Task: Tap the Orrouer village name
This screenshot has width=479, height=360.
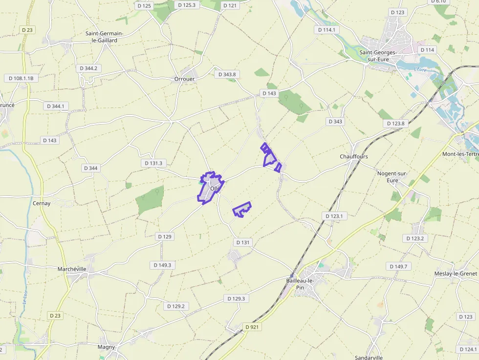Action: point(185,79)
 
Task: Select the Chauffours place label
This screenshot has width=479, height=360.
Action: point(354,157)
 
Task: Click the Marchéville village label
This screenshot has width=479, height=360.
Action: point(72,269)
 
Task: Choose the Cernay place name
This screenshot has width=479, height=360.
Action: point(42,203)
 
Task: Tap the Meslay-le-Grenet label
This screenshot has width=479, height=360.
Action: point(456,274)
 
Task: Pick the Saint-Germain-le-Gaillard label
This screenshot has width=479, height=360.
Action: point(105,37)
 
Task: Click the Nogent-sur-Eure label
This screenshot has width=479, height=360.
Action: point(392,177)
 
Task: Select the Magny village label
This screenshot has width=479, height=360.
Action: point(107,347)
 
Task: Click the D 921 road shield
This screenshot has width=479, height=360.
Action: point(252,327)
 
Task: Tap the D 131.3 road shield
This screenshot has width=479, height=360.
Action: point(154,163)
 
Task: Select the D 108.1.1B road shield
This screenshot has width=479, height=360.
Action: point(21,78)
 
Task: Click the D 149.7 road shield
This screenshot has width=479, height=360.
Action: point(398,266)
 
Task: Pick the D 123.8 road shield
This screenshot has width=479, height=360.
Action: point(395,124)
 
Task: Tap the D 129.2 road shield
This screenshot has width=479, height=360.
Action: point(176,306)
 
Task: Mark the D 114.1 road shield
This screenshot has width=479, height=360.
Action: point(326,30)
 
